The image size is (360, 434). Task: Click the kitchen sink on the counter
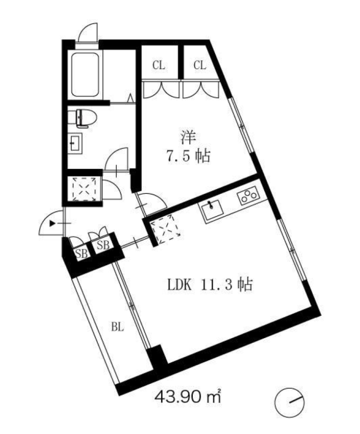click(x=212, y=210)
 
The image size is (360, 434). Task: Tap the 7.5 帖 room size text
click(x=188, y=156)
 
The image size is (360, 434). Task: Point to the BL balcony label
click(x=117, y=327)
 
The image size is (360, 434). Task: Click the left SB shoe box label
click(x=81, y=254)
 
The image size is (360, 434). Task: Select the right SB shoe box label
click(x=103, y=244)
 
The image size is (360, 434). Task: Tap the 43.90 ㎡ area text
click(x=188, y=397)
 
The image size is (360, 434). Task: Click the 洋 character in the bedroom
click(x=188, y=138)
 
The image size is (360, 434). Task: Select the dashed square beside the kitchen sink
click(x=165, y=230)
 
